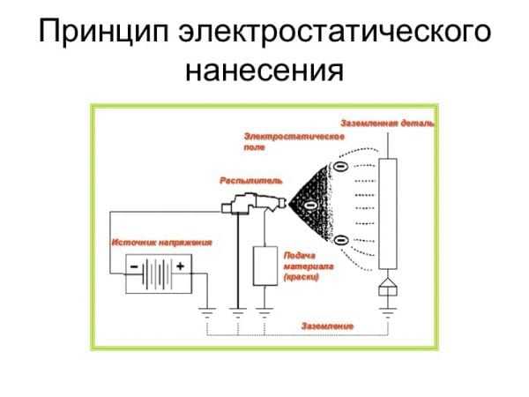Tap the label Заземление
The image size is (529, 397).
tap(327, 326)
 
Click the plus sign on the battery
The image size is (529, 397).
tap(181, 265)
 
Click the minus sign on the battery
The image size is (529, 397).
tap(133, 265)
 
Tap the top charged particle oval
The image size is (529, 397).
tap(341, 166)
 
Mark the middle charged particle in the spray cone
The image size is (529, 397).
tap(310, 205)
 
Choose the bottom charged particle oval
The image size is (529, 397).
tap(341, 239)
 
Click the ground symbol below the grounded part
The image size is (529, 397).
tap(388, 308)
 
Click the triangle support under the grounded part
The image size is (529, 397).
tap(388, 288)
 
